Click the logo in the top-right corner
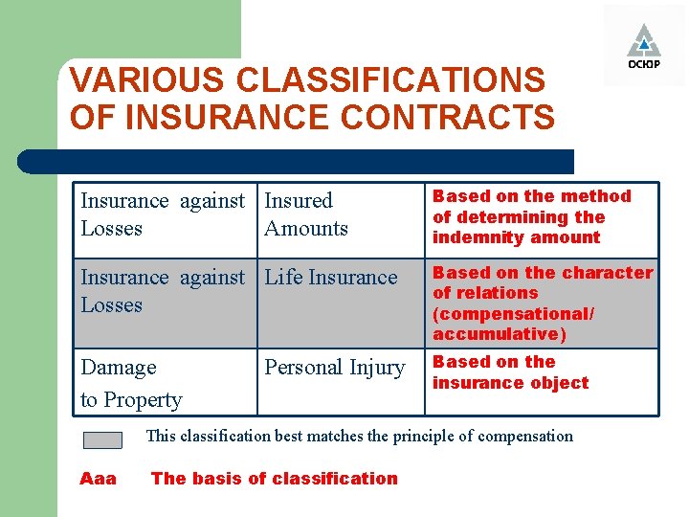point(643,46)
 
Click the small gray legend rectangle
point(102,440)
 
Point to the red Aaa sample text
point(98,479)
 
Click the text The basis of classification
point(274,479)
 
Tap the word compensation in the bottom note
point(524,437)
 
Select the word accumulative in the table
point(497,334)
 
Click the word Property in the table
point(143,400)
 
